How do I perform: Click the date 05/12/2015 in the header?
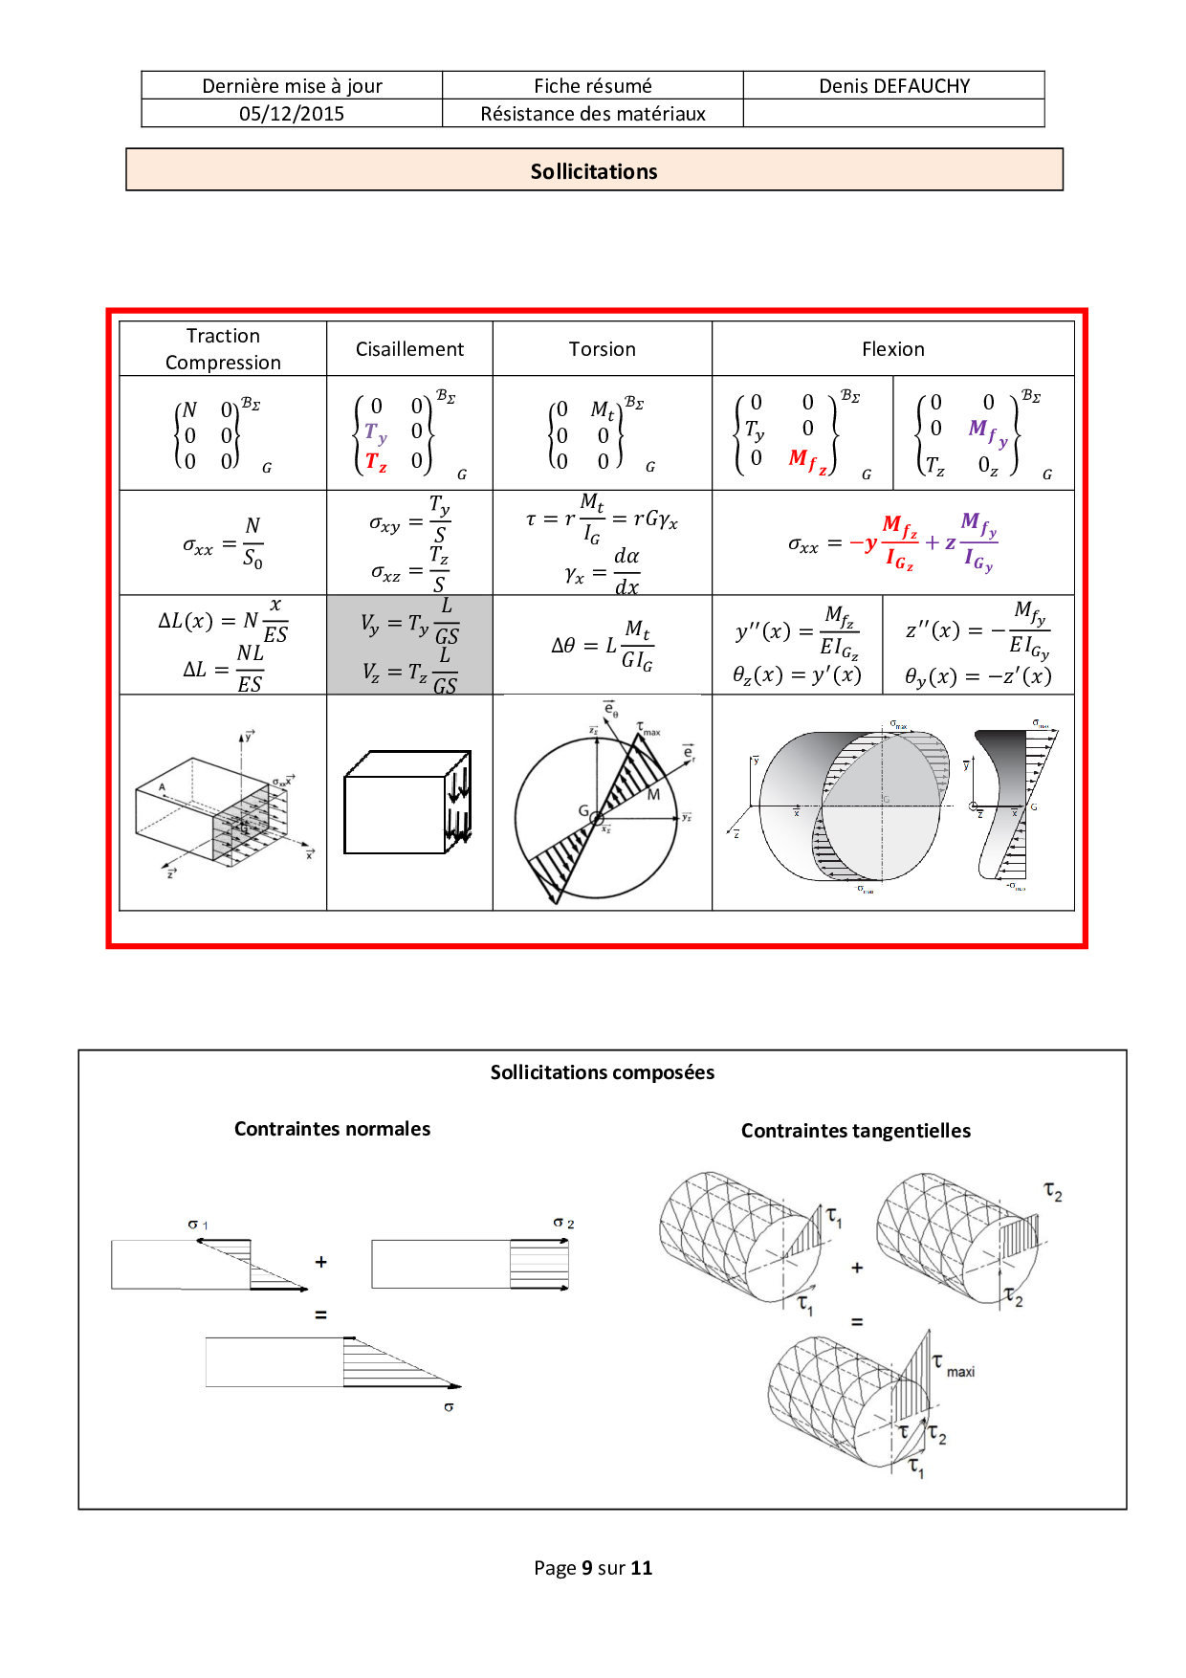[x=292, y=114]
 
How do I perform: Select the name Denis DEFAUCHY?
[x=894, y=86]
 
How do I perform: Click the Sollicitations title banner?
[x=594, y=171]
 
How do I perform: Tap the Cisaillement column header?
[x=409, y=349]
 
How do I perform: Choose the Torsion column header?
[x=602, y=349]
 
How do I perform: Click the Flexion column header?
[x=892, y=349]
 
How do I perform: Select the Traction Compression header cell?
[x=223, y=349]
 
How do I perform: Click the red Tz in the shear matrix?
[x=376, y=462]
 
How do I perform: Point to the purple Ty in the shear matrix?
[x=375, y=432]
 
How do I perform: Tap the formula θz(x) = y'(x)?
[x=797, y=675]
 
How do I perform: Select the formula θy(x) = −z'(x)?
[x=977, y=676]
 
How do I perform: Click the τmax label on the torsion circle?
[x=648, y=729]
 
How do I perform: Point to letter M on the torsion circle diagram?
[x=654, y=794]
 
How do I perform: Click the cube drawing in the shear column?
[x=407, y=804]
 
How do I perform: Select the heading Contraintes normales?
[x=332, y=1129]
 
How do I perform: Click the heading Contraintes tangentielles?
[x=855, y=1131]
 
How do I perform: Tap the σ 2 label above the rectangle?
[x=563, y=1224]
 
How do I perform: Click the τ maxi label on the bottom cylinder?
[x=953, y=1366]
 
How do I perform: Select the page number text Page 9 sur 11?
[x=593, y=1568]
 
